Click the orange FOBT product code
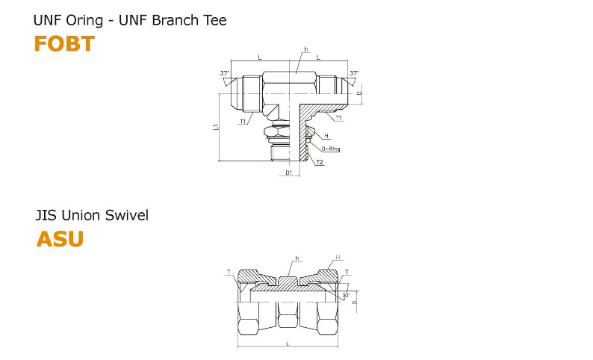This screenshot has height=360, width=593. (64, 43)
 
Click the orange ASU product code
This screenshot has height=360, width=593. (60, 239)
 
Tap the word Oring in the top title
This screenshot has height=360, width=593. (84, 20)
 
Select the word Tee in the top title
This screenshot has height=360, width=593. (215, 20)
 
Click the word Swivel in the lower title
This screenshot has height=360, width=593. (127, 215)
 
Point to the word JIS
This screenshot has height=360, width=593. (46, 215)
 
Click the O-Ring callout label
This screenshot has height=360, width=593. (331, 149)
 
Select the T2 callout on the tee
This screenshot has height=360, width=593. (320, 162)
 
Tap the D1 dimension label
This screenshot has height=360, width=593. (288, 173)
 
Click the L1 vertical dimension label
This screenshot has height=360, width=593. (216, 127)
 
